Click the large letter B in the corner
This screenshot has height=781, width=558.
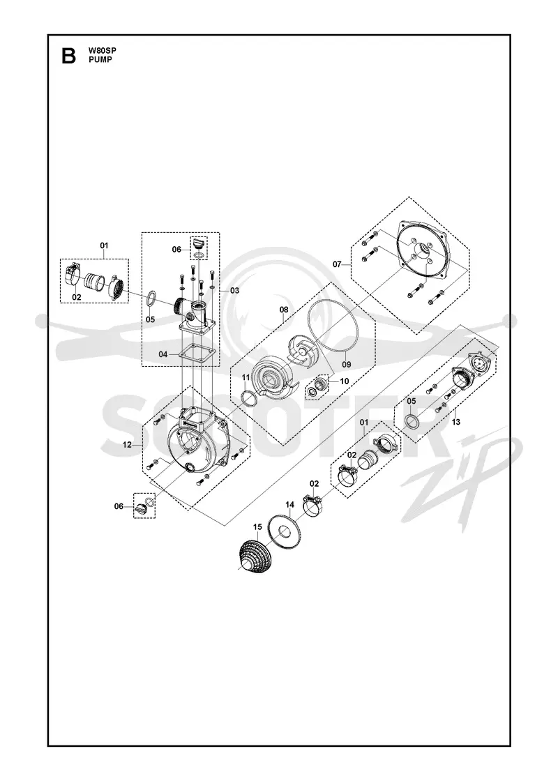click(68, 55)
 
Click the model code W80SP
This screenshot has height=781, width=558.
click(102, 50)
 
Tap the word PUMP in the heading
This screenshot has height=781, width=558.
click(100, 59)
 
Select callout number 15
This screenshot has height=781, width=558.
click(257, 526)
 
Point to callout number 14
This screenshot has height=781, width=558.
click(289, 505)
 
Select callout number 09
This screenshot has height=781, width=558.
click(346, 364)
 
